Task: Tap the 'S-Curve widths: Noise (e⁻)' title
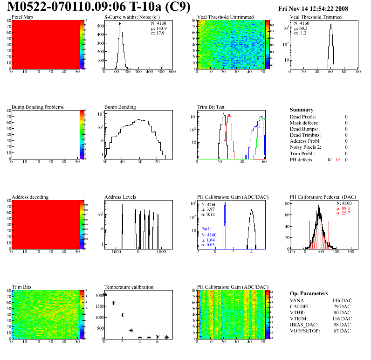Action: click(x=131, y=17)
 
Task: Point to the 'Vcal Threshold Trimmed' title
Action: click(x=316, y=17)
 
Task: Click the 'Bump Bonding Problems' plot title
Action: click(x=38, y=107)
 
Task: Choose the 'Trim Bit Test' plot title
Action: click(x=211, y=107)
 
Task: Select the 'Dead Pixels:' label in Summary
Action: click(x=303, y=117)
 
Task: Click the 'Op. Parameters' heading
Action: click(x=309, y=293)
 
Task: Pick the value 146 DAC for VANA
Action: click(x=341, y=301)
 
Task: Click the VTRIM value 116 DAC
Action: click(x=341, y=318)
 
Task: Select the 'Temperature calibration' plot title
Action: click(x=129, y=287)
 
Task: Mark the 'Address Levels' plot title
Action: click(x=121, y=197)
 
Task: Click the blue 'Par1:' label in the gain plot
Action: click(x=206, y=229)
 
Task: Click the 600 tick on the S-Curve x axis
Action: click(x=172, y=73)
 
